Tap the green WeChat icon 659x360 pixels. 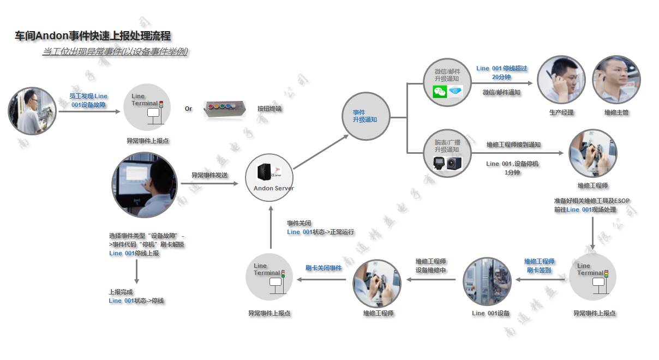(439, 92)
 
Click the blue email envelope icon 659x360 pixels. (455, 92)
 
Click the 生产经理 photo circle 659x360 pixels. (561, 80)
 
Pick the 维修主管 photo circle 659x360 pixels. (616, 80)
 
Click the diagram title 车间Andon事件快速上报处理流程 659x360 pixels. (93, 36)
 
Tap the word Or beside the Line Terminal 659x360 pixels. (188, 109)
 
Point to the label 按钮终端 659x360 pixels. (269, 109)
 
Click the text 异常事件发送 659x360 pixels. (209, 175)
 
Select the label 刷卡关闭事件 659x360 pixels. (323, 268)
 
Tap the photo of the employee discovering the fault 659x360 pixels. (32, 111)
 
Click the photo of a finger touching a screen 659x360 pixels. (145, 185)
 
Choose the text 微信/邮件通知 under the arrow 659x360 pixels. (501, 93)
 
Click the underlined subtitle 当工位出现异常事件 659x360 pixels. (115, 52)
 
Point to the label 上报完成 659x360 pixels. (121, 292)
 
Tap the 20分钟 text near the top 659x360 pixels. (501, 77)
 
